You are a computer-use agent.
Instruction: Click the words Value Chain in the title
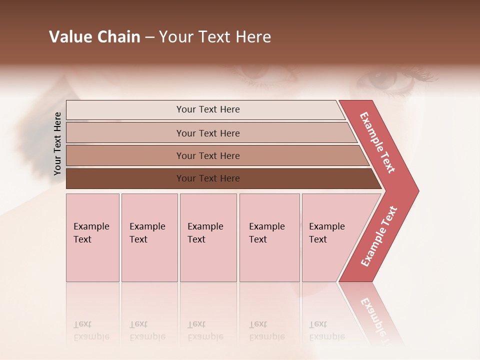[x=94, y=37]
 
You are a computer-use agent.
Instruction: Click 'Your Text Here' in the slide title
[x=215, y=37]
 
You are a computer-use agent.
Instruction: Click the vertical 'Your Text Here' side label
[x=57, y=143]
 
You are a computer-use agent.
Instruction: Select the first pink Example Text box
[x=92, y=237]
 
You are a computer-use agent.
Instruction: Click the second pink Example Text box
[x=149, y=237]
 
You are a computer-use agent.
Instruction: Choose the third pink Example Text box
[x=208, y=237]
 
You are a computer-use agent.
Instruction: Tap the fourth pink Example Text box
[x=269, y=237]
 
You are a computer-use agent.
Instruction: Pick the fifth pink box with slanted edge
[x=330, y=237]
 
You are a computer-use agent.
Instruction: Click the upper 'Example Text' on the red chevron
[x=377, y=142]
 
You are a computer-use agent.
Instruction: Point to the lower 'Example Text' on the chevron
[x=379, y=236]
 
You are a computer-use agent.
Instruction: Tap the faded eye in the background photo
[x=385, y=80]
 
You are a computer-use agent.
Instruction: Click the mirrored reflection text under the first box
[x=91, y=330]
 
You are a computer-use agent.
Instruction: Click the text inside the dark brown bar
[x=208, y=178]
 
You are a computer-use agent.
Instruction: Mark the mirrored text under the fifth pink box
[x=326, y=330]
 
